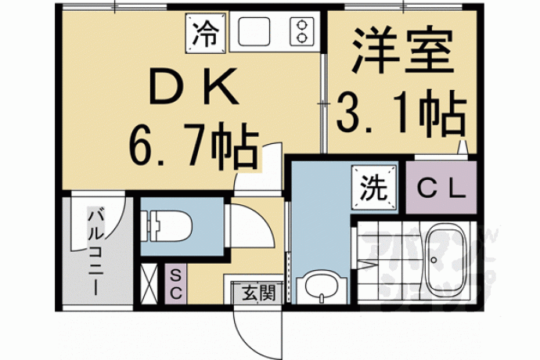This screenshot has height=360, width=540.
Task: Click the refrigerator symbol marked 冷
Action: click(x=207, y=33)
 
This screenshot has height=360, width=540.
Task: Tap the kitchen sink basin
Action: click(x=254, y=31)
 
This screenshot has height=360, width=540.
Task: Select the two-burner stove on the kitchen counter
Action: click(x=301, y=31)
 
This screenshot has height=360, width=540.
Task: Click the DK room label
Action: click(x=193, y=86)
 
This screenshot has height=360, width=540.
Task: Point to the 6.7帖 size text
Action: click(x=193, y=149)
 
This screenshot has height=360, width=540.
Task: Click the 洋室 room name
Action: click(x=402, y=50)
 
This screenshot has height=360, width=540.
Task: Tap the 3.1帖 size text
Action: click(x=401, y=113)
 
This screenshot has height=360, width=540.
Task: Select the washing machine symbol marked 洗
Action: click(x=374, y=187)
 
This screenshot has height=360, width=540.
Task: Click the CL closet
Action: click(x=441, y=187)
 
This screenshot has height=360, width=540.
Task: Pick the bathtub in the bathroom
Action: click(x=446, y=262)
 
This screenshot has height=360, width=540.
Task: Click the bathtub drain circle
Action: click(x=434, y=260)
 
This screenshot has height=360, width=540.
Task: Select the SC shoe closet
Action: click(x=175, y=284)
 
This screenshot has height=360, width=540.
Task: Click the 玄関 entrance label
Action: click(x=258, y=293)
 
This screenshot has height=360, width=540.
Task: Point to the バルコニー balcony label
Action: click(x=95, y=250)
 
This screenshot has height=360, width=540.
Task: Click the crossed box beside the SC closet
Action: click(x=149, y=284)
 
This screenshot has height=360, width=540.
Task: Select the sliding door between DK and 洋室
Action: click(x=323, y=103)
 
